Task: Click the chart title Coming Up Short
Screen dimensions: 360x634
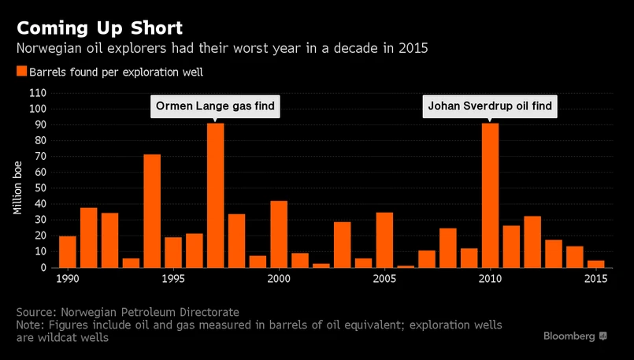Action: coord(99,28)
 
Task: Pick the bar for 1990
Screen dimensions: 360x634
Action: coord(68,252)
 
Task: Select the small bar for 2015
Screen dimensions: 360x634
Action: coord(595,264)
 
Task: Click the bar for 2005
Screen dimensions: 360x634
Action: coord(384,239)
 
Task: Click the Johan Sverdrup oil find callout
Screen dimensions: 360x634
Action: coord(490,106)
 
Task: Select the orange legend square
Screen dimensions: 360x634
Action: coord(21,72)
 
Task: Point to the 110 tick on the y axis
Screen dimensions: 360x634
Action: coord(37,93)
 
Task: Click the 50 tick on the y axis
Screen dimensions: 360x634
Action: coord(40,188)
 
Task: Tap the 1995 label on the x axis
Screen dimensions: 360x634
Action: coord(173,280)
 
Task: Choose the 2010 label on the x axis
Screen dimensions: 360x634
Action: coord(490,280)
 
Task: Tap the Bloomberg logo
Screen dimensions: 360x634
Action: coord(574,336)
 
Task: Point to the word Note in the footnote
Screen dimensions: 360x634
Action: coord(30,325)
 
